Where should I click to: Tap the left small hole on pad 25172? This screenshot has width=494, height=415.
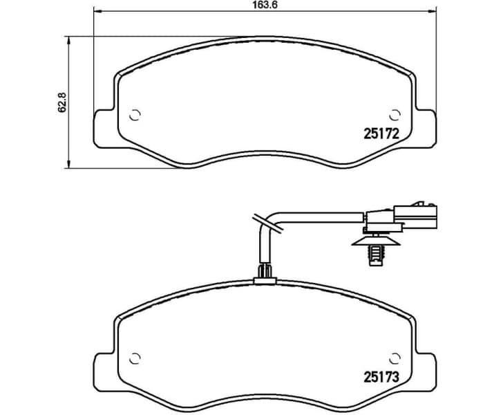click(135, 114)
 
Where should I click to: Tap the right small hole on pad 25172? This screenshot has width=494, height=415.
click(395, 114)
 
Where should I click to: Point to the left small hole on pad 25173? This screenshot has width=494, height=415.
click(135, 358)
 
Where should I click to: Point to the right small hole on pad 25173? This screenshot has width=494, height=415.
click(395, 358)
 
